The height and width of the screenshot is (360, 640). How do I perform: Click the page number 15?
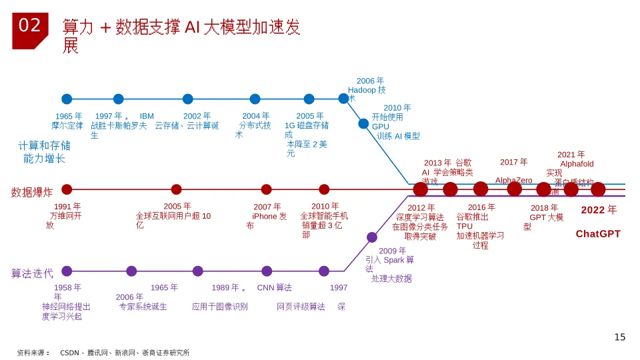619,337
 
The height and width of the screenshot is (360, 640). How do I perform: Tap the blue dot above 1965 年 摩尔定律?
67,99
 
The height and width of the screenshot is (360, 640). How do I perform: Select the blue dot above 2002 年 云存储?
188,99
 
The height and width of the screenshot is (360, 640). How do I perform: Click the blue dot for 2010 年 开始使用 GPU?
363,124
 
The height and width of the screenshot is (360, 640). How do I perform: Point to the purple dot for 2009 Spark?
372,237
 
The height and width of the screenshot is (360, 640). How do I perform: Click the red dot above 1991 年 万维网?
67,189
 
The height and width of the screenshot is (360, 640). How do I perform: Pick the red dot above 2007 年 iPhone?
267,189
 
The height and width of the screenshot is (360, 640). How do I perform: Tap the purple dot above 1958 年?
67,271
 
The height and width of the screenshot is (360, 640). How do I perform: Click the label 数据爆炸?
32,193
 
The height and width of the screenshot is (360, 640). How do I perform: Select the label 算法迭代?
32,273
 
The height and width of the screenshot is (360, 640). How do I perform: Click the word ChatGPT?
598,234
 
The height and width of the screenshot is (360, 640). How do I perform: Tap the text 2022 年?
599,210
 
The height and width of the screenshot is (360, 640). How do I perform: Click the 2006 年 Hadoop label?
367,86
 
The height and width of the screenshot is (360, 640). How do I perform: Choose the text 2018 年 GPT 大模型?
545,213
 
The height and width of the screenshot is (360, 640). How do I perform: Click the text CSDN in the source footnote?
69,353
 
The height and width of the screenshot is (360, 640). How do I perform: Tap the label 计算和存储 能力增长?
45,152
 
